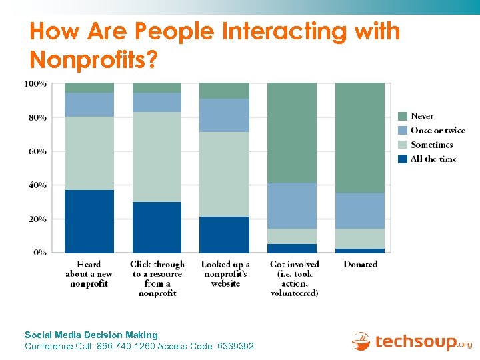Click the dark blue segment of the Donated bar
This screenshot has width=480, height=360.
click(x=360, y=250)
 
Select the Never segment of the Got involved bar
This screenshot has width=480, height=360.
click(x=292, y=133)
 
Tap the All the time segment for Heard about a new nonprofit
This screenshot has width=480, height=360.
click(x=89, y=221)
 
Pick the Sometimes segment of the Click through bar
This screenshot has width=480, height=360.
click(x=157, y=157)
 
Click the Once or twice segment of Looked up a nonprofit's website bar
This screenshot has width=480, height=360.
click(x=225, y=115)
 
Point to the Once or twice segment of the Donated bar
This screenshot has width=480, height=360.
click(x=360, y=211)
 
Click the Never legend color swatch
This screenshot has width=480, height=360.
click(x=403, y=116)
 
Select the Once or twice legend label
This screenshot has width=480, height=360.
click(x=437, y=131)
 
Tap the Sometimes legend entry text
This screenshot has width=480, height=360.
click(x=431, y=145)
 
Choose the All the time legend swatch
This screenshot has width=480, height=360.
click(x=403, y=159)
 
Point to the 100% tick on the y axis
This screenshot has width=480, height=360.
click(x=35, y=84)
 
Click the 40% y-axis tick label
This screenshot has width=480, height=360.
click(x=37, y=185)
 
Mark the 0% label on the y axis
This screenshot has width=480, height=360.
click(x=39, y=253)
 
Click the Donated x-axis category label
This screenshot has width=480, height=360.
click(x=360, y=265)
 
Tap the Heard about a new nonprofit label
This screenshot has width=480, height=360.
click(x=89, y=274)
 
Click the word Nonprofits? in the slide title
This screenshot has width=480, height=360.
click(x=94, y=60)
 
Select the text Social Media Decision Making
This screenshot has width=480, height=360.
click(x=91, y=335)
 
